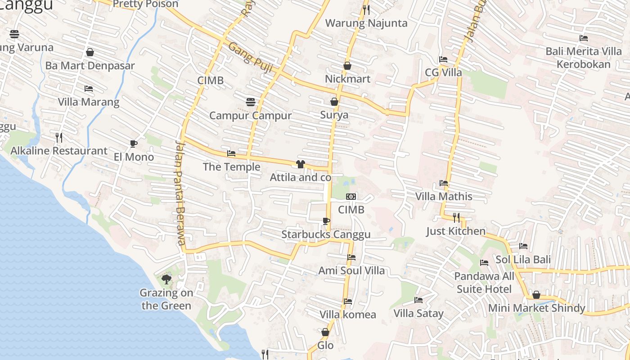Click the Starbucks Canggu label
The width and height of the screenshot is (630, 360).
tap(326, 234)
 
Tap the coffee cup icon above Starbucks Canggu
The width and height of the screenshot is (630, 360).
tap(326, 221)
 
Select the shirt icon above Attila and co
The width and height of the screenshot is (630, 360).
tap(300, 164)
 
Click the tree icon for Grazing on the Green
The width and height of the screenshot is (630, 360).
tap(166, 279)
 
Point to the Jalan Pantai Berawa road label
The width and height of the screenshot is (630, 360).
tap(180, 193)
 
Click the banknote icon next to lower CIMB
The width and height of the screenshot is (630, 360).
tap(351, 196)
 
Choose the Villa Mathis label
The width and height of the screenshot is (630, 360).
tap(444, 197)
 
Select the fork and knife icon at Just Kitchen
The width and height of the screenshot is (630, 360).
tap(456, 218)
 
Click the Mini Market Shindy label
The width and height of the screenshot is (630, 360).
tap(536, 308)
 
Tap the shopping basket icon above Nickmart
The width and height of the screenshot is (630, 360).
tap(347, 66)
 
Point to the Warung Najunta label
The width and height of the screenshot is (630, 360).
tap(366, 23)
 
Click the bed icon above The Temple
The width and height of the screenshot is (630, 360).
tap(231, 153)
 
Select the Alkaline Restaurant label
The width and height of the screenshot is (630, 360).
tap(59, 151)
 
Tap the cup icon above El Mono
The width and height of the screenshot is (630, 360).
tap(133, 144)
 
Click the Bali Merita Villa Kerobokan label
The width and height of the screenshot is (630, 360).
tap(583, 58)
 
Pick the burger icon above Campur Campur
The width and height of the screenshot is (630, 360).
tap(251, 102)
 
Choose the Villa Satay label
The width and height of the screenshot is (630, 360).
tap(418, 313)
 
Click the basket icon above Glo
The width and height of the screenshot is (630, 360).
tap(325, 332)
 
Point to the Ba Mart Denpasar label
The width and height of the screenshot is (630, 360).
tap(90, 66)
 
